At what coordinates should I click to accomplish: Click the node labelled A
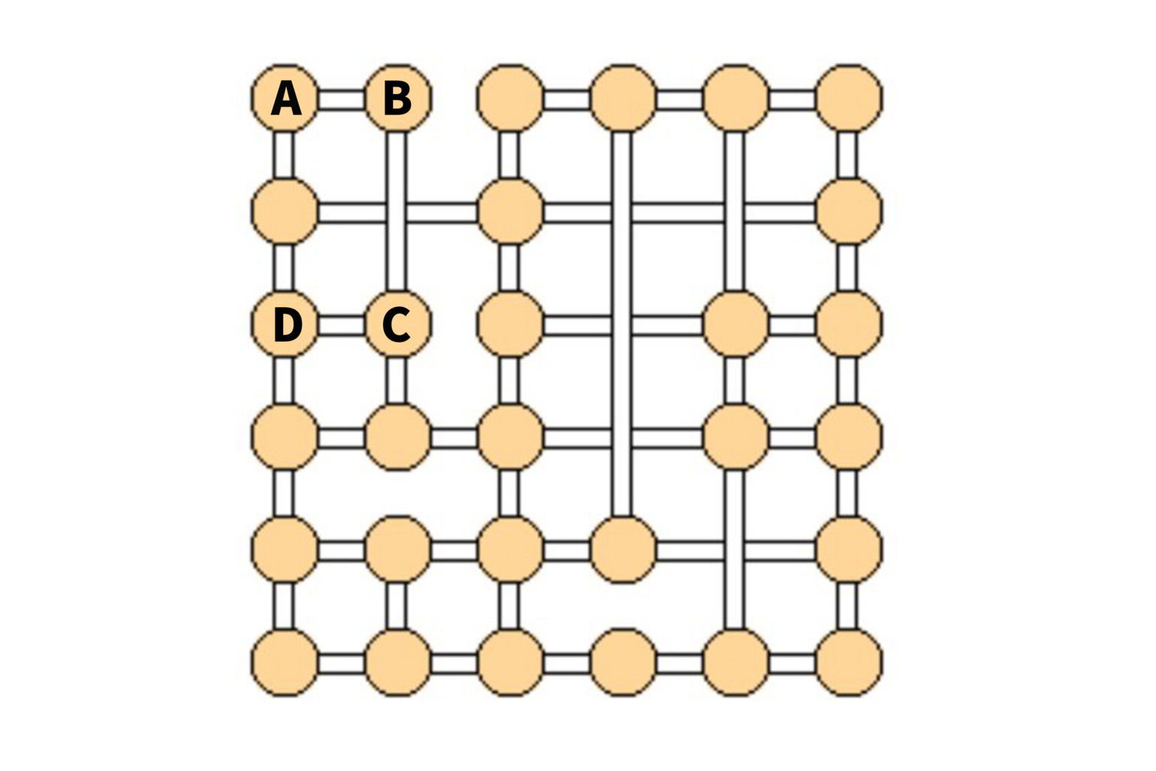point(284,98)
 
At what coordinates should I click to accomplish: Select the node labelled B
point(397,98)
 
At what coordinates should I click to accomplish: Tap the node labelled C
point(397,324)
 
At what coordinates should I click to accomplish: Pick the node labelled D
point(284,324)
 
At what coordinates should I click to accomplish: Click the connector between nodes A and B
point(341,99)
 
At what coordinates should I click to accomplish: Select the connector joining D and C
point(341,326)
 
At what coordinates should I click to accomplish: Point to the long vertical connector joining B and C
point(396,212)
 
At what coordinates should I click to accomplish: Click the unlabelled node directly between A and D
point(284,211)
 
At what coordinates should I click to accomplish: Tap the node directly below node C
point(397,437)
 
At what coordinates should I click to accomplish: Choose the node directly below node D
point(284,437)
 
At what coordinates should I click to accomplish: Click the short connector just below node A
point(283,154)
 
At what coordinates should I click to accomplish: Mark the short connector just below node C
point(396,380)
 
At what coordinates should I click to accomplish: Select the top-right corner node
point(849,98)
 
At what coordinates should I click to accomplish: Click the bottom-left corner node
point(284,663)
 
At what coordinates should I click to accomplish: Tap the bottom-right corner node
point(849,663)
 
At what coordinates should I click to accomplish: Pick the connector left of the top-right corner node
point(792,99)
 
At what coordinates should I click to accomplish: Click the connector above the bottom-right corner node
point(847,607)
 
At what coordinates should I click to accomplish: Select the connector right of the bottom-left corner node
point(341,665)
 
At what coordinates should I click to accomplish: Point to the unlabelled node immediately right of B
point(510,98)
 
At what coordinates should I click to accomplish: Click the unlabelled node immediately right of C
point(510,324)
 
